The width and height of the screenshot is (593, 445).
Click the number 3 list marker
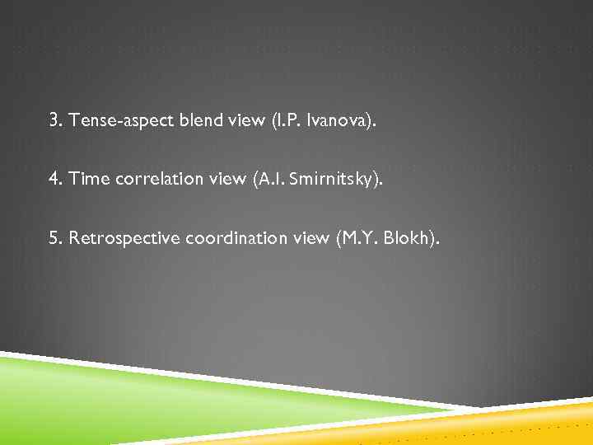pyautogui.click(x=54, y=121)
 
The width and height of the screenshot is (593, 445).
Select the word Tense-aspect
pyautogui.click(x=111, y=121)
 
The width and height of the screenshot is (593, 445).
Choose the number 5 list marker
pyautogui.click(x=54, y=239)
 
